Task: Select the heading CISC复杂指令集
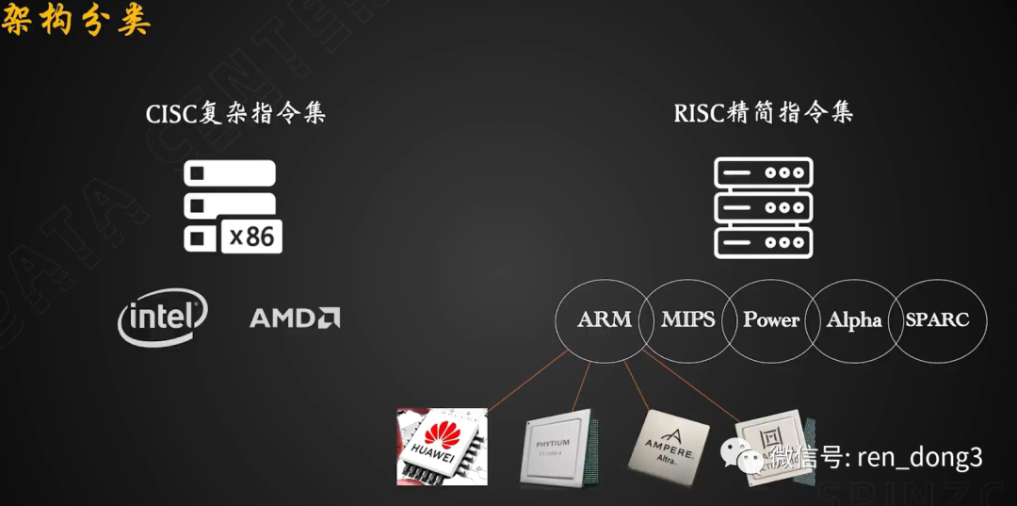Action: (235, 114)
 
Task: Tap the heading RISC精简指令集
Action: (763, 114)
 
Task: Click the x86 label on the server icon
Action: (251, 236)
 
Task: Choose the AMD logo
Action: (295, 318)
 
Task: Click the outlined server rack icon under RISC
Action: (763, 208)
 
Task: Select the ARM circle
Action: (604, 320)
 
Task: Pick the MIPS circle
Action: (687, 320)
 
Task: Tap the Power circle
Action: (770, 320)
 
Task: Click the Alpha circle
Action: (853, 320)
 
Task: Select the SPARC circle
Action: (937, 320)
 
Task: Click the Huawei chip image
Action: (443, 446)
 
